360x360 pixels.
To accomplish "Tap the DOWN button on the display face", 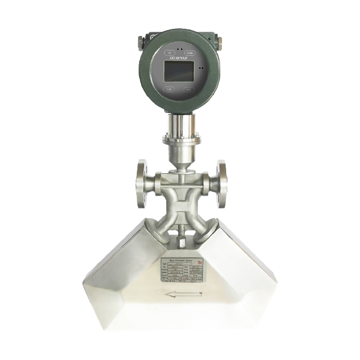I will (189, 52).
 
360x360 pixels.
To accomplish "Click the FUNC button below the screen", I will (170, 89).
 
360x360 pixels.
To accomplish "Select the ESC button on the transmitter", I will (190, 89).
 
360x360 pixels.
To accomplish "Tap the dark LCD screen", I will (179, 71).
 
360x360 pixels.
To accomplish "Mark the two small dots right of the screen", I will (202, 68).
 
